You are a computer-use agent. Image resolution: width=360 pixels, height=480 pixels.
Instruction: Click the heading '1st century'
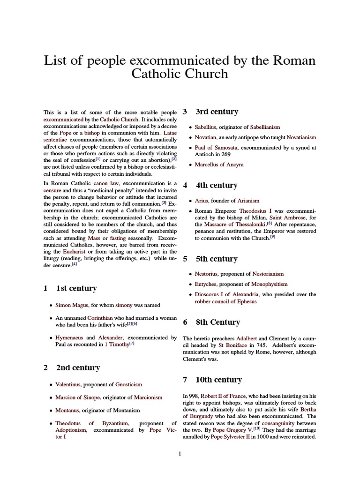point(76,288)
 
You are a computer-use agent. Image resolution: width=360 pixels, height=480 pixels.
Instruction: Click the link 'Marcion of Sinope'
point(77,397)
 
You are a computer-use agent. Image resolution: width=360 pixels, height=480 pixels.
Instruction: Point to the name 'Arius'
point(202,201)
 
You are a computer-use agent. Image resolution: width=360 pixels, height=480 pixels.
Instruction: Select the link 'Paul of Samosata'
point(216,148)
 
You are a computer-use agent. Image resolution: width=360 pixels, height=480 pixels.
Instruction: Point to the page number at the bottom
point(180,454)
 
